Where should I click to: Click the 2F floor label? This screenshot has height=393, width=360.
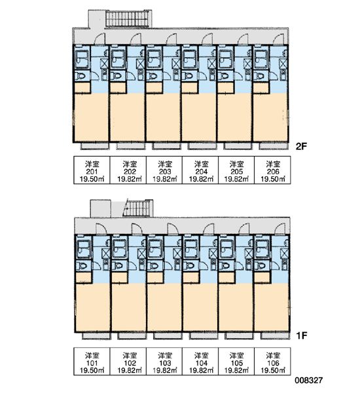(301, 146)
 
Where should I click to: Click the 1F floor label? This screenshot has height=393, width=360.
(302, 335)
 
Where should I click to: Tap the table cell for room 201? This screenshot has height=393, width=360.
(92, 170)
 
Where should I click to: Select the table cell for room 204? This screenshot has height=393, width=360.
(200, 170)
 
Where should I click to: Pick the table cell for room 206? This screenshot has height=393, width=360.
(272, 170)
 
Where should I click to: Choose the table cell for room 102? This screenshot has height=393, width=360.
(128, 361)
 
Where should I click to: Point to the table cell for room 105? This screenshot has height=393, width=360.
(236, 361)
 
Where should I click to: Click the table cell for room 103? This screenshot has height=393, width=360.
(164, 361)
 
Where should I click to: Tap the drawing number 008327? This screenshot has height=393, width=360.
(308, 381)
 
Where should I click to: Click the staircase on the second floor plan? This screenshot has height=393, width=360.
(128, 18)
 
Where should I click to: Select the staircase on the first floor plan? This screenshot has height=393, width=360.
(138, 208)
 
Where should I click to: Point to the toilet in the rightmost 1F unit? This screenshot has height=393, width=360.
(262, 265)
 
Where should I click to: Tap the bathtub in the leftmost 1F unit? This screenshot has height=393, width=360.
(83, 248)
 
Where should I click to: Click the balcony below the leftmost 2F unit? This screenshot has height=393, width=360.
(94, 146)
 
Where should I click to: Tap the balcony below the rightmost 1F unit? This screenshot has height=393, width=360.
(275, 335)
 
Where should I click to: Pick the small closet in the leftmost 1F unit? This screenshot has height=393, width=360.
(84, 277)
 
